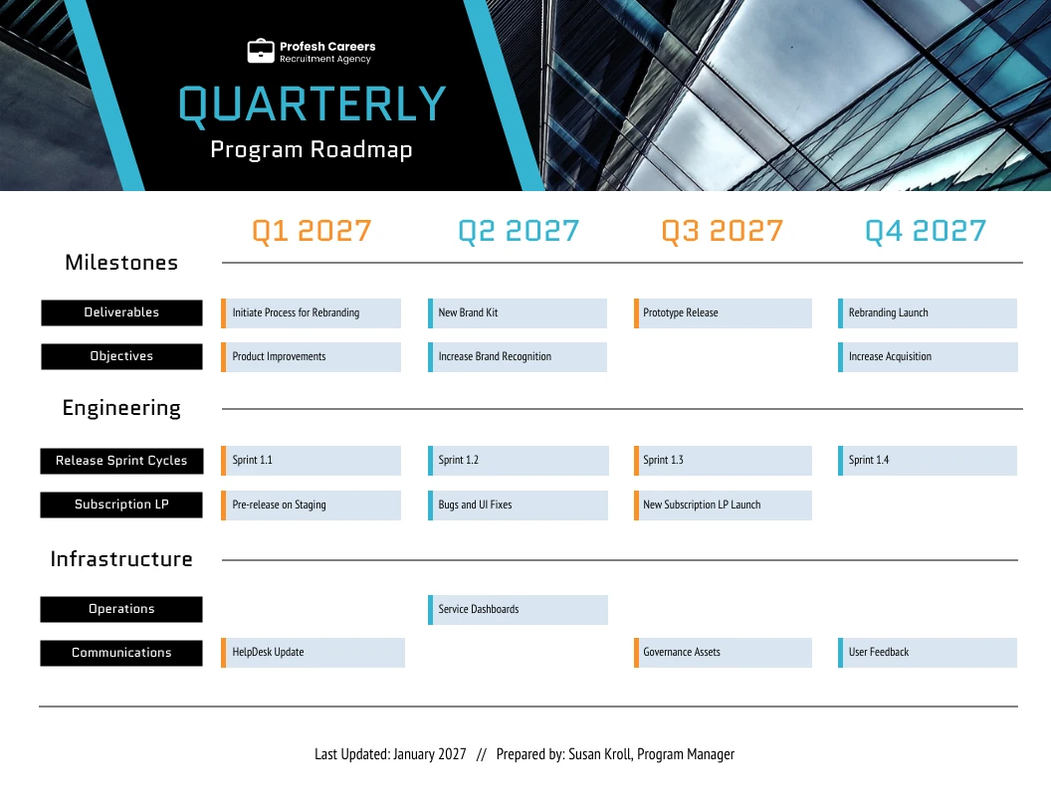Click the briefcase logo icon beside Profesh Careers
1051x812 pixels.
click(260, 52)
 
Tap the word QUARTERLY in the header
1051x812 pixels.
click(312, 105)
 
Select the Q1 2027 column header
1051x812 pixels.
click(312, 231)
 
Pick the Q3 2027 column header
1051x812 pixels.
click(723, 231)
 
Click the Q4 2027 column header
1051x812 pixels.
click(926, 231)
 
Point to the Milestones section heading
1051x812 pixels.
click(121, 263)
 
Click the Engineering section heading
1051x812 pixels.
click(121, 408)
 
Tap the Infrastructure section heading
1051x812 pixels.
click(121, 559)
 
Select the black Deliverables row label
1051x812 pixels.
click(121, 312)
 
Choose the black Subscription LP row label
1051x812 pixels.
click(121, 505)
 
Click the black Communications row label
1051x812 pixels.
click(121, 653)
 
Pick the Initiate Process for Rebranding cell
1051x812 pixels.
click(312, 312)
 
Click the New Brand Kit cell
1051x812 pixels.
click(518, 312)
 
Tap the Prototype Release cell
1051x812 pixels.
click(723, 312)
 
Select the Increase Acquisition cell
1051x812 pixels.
click(928, 356)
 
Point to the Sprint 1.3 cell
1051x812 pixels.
click(723, 460)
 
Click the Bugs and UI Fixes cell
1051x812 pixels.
click(518, 505)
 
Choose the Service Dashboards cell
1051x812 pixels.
click(518, 609)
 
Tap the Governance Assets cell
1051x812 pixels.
click(723, 653)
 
